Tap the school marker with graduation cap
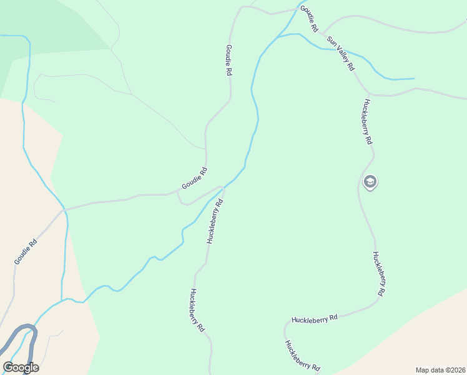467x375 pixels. (370, 182)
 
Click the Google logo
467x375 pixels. (21, 367)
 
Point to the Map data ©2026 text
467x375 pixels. (440, 370)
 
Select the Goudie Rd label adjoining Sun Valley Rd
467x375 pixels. (309, 19)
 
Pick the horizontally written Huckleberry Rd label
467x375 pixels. (314, 317)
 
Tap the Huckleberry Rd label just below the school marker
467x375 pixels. (379, 273)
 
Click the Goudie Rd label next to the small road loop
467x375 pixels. (194, 179)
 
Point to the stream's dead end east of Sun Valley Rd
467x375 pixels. (413, 79)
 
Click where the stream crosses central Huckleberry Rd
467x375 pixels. (223, 188)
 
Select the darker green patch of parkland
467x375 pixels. (50, 25)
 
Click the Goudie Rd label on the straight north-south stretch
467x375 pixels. (229, 60)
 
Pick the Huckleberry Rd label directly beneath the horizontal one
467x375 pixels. (302, 356)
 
